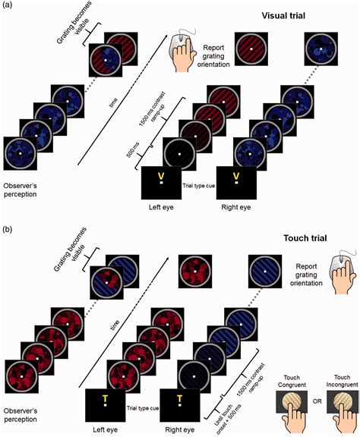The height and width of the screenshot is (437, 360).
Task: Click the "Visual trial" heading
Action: pos(283,16)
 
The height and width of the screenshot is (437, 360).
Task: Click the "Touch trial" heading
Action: pos(305,238)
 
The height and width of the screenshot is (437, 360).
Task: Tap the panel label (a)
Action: pos(7,5)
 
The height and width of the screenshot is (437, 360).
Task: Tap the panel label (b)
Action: pos(7,229)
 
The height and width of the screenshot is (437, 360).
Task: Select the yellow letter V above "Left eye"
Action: pos(161,176)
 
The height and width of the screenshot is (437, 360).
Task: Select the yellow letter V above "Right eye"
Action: pos(236,176)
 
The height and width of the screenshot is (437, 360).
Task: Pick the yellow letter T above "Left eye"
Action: pos(105,399)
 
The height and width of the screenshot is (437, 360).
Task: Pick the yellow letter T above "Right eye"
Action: pos(179,399)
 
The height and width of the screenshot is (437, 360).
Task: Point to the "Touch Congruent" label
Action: pos(292,382)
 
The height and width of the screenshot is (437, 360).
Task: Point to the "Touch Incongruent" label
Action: pos(342,381)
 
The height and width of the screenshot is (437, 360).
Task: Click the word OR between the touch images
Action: pos(317,401)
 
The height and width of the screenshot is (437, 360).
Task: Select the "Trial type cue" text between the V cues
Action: pos(199,185)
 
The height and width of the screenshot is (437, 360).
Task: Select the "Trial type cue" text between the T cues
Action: pos(143,408)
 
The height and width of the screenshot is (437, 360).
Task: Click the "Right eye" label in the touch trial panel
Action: pos(180,429)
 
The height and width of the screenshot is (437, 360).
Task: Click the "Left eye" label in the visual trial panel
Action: pos(161,207)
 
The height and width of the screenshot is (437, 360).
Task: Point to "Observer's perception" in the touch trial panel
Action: pos(21,415)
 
